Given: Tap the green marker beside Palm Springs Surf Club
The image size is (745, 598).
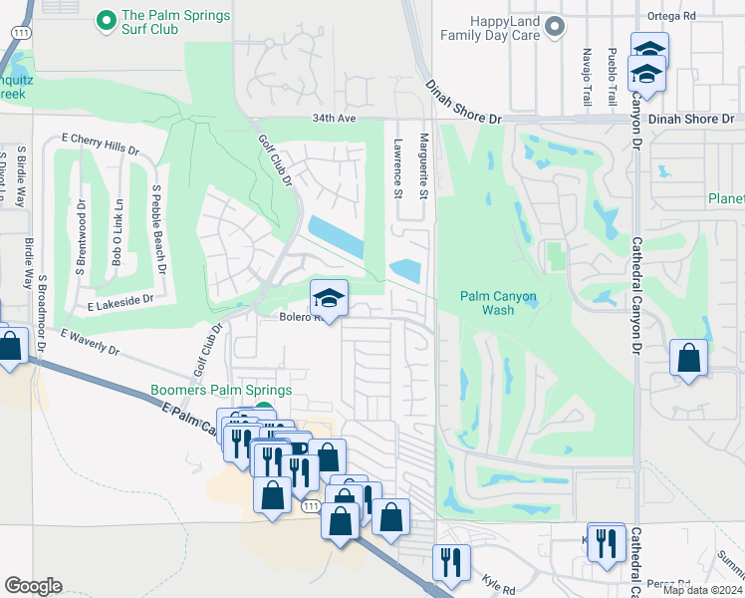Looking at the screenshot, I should [x=104, y=20].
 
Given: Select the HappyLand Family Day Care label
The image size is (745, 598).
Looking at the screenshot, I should [x=491, y=27].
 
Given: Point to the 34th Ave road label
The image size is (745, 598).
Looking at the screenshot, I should [x=333, y=118].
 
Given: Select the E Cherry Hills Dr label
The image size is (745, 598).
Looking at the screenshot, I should [x=100, y=143].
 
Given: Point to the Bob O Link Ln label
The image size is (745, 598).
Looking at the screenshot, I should [x=118, y=236].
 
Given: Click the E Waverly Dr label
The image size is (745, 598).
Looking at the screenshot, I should [x=89, y=344].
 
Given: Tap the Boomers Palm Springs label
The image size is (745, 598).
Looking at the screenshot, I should [x=220, y=391].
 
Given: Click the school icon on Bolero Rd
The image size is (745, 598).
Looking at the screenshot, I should [x=330, y=297].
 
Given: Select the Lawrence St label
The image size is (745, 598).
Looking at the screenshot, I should [x=397, y=166].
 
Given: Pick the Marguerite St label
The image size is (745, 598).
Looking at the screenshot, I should [x=423, y=166].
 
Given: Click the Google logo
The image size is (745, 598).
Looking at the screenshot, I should [x=33, y=586].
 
